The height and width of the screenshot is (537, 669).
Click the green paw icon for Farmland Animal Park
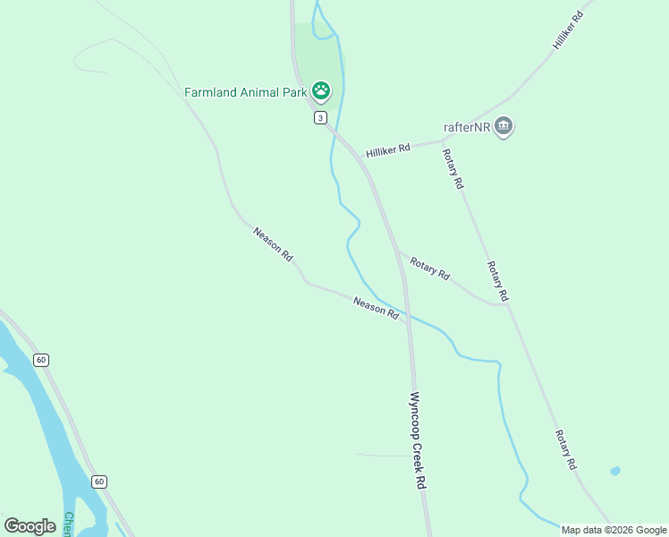point(321,90)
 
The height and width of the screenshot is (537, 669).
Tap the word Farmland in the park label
point(212,91)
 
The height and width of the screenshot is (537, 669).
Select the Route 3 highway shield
point(320,118)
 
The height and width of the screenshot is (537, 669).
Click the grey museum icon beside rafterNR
point(504,127)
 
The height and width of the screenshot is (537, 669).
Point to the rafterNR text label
point(467,127)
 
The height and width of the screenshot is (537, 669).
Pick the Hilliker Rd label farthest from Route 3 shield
point(568,30)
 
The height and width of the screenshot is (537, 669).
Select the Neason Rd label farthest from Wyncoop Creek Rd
point(273,243)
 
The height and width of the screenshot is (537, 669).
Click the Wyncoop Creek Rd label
point(417,439)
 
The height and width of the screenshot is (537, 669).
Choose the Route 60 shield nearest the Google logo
point(98,482)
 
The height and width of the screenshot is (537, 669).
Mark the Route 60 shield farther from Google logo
point(41,360)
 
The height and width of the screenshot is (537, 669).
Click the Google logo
point(30,526)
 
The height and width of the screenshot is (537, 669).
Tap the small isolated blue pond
point(614,470)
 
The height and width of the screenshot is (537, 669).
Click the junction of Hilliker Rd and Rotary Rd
point(444,141)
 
